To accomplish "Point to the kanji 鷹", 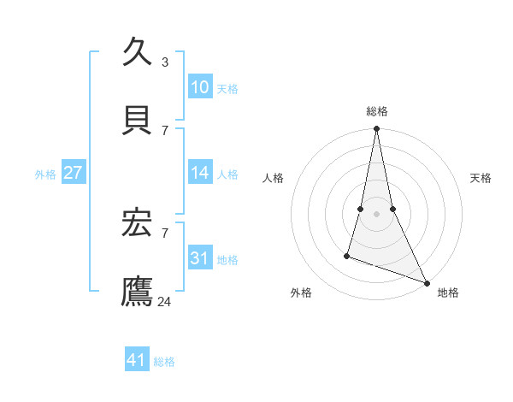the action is [x=138, y=290].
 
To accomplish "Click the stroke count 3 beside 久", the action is [x=165, y=62].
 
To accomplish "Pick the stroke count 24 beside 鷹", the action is [x=166, y=301].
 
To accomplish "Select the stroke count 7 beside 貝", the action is [x=165, y=130].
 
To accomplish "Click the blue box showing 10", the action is [x=199, y=87].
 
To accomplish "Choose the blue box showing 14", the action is [x=199, y=173].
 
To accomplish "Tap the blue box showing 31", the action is [x=199, y=258].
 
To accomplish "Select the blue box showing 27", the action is [x=73, y=173].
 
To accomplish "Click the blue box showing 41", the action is [x=137, y=360].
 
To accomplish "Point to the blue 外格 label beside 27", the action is [x=45, y=174].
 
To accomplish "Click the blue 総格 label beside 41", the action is [x=164, y=362].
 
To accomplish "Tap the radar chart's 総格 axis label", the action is [x=376, y=111].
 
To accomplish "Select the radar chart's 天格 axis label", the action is [x=481, y=178].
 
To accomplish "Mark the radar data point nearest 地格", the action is [x=426, y=283].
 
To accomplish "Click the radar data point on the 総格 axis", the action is [x=376, y=129].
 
